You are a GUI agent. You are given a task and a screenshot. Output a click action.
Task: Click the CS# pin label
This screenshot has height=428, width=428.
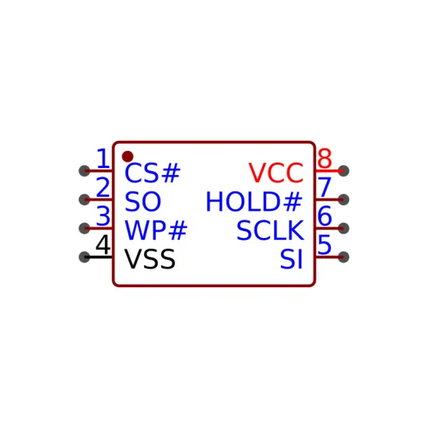click(153, 173)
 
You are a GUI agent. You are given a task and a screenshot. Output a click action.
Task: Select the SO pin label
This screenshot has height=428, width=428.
click(142, 202)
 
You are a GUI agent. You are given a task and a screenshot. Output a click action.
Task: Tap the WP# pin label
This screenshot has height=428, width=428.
click(156, 230)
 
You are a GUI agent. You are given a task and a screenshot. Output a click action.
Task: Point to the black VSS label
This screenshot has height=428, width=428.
click(150, 259)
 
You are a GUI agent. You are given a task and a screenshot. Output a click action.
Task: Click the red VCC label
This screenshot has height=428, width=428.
click(276, 173)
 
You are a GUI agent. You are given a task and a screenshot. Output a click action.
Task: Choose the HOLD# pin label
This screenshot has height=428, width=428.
click(254, 202)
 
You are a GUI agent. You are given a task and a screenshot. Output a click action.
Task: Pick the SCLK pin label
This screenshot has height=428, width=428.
click(270, 230)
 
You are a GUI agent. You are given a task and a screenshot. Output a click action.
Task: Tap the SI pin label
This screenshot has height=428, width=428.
click(292, 259)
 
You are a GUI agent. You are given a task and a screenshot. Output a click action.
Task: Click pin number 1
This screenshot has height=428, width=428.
click(103, 158)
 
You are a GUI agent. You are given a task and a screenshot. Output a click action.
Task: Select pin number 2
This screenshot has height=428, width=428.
click(103, 188)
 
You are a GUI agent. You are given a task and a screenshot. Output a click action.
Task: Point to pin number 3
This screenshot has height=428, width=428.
click(103, 216)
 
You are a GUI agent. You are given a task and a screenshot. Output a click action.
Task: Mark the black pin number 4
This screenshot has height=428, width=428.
click(103, 244)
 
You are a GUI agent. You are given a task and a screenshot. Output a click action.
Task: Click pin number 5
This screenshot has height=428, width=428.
click(325, 244)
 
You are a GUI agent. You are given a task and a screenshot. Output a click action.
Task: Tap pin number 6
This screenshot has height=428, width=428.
click(325, 216)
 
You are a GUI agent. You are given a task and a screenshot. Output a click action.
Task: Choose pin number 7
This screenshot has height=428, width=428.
click(325, 188)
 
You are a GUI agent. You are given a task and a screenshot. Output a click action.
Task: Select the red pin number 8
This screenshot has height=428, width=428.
click(325, 158)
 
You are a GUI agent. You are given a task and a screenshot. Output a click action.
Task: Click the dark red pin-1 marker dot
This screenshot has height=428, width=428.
click(128, 156)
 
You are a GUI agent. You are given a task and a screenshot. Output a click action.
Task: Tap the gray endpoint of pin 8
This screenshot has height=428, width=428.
click(343, 171)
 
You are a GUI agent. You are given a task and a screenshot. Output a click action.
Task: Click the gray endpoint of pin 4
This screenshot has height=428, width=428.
click(84, 257)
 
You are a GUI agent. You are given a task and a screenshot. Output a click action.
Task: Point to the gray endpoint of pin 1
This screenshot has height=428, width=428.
click(84, 171)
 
